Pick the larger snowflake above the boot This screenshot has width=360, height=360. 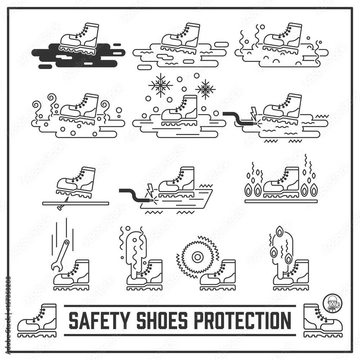point(161,85)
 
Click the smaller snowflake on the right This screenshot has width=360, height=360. point(206,89)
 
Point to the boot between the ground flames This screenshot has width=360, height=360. point(282,183)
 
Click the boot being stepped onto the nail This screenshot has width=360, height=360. point(76,182)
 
